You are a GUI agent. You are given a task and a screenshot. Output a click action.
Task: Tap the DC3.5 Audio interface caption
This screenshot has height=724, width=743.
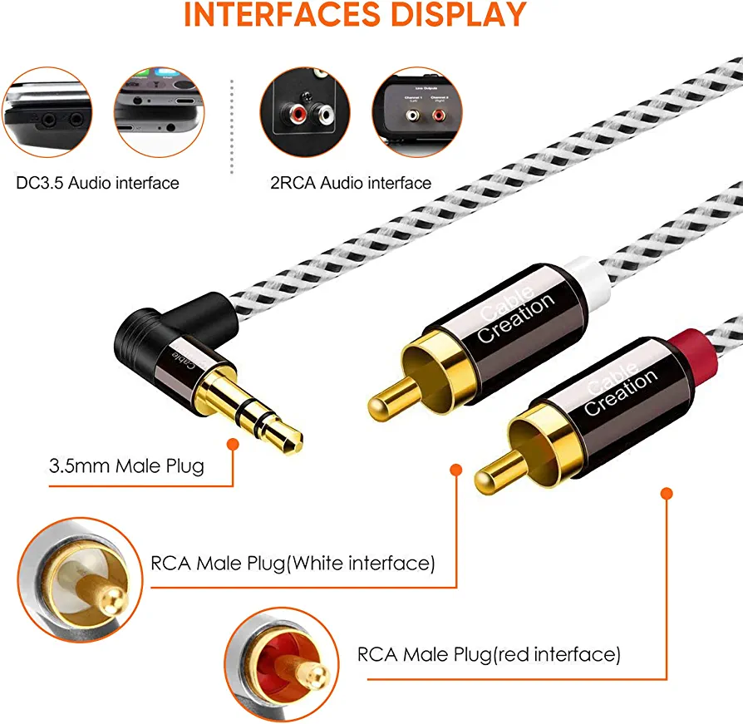point(97,183)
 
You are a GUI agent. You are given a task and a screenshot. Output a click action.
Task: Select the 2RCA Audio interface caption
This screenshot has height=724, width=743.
point(350,183)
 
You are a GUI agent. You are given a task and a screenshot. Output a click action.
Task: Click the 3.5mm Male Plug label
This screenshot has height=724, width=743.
point(126,465)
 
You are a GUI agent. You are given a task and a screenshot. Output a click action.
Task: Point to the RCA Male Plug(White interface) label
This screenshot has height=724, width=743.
point(293,564)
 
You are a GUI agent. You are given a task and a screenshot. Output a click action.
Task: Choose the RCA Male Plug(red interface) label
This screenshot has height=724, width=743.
point(489,655)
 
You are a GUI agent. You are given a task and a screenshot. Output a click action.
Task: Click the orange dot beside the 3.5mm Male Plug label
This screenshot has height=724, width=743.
point(232,446)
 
